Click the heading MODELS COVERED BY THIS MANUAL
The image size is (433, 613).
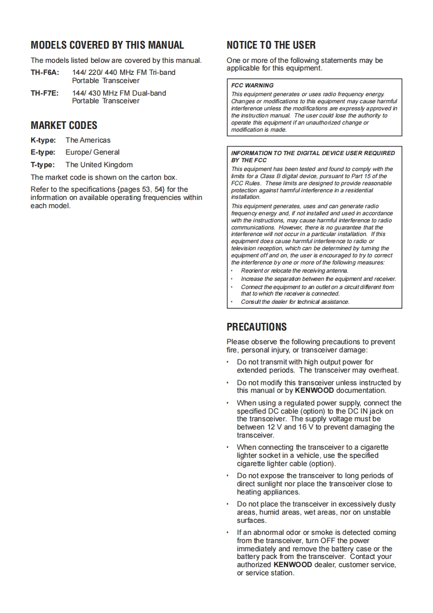click(x=107, y=45)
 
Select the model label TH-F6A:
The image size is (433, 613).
click(x=44, y=72)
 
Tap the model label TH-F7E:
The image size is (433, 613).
click(x=44, y=93)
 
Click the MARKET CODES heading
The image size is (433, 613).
click(x=64, y=126)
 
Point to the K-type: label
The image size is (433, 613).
click(x=43, y=140)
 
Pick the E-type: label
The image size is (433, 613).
click(x=43, y=152)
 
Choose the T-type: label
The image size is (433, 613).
click(x=43, y=164)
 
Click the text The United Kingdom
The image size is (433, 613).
click(x=99, y=164)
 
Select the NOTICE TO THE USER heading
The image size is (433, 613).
click(x=271, y=45)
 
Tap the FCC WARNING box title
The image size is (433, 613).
click(x=252, y=85)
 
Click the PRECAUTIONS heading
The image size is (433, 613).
click(x=256, y=327)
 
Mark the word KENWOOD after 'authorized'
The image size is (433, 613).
click(x=293, y=565)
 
